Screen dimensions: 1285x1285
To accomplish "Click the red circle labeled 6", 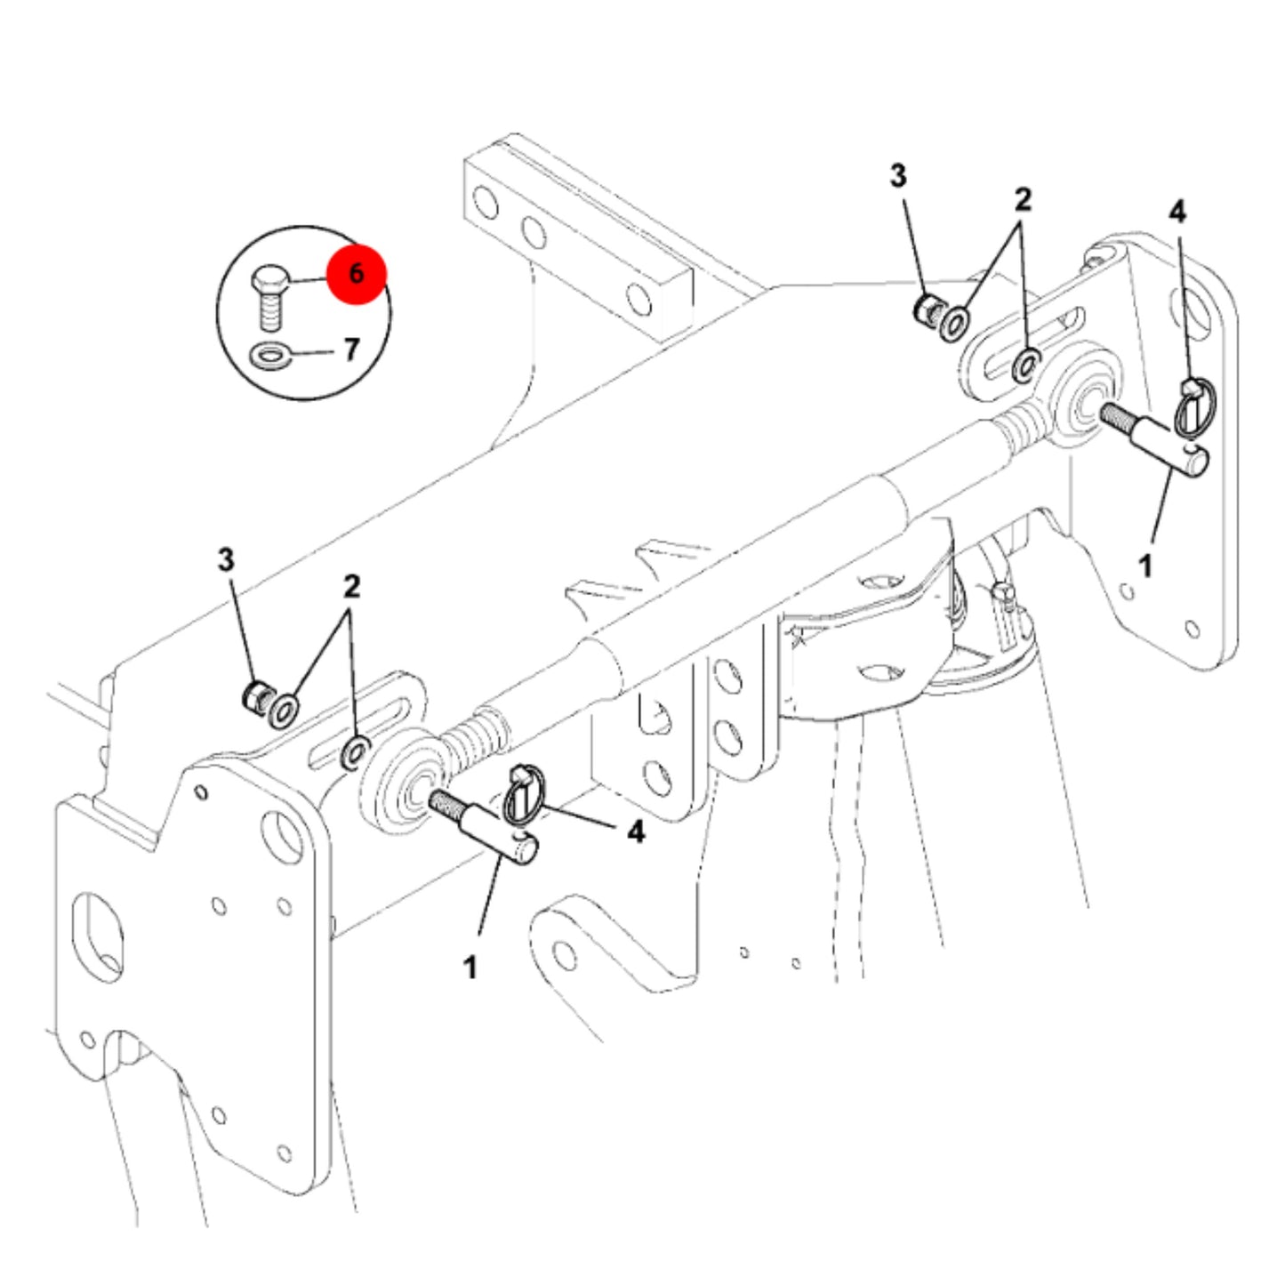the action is tap(356, 274).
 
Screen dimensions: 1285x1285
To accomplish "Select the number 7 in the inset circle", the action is tap(352, 349).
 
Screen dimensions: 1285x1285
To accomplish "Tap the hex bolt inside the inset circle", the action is tap(269, 298).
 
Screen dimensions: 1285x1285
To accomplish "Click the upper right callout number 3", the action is tap(898, 175).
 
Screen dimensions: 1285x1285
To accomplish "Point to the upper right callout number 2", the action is tap(1023, 198).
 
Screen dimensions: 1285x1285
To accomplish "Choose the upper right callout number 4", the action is tap(1177, 212).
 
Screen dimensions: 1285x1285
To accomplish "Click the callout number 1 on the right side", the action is tap(1145, 566).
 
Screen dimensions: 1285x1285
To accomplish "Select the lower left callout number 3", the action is tap(226, 559).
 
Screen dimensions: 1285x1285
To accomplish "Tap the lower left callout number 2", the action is tap(351, 585).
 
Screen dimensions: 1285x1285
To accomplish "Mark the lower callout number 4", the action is tap(636, 831).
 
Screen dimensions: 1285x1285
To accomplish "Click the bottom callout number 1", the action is tap(470, 968).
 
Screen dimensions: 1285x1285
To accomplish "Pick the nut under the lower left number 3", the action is tap(254, 695).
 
